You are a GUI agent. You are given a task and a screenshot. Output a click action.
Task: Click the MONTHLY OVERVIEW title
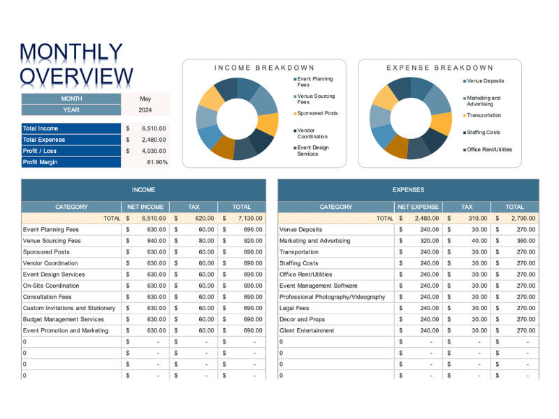[76, 64]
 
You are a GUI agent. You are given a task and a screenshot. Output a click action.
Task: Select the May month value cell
[145, 99]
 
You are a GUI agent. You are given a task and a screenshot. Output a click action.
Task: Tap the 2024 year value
[145, 110]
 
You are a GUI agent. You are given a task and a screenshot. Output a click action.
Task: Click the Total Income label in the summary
[41, 128]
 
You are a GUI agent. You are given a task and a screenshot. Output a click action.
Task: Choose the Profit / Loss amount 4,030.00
[153, 151]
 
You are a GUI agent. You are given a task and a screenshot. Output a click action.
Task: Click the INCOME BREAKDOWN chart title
[264, 68]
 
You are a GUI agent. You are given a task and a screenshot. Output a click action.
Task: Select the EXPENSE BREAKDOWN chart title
[440, 68]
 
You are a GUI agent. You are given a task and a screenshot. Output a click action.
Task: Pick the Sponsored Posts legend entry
[317, 113]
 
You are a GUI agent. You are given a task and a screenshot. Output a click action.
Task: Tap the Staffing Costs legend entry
[484, 132]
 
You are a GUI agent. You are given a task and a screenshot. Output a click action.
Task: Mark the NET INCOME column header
[145, 207]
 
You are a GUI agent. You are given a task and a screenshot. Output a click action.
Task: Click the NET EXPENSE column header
[418, 207]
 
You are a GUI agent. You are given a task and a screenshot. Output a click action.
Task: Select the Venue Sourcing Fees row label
[52, 241]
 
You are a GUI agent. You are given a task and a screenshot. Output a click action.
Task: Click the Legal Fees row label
[293, 308]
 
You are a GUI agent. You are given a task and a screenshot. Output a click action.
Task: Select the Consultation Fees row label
[47, 297]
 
